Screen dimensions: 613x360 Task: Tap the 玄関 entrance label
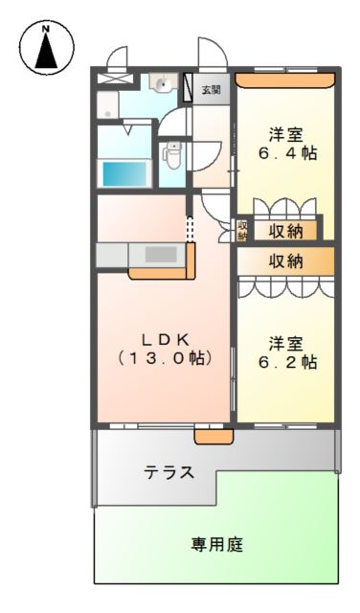point(211,90)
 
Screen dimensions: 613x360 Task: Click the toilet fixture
point(173,152)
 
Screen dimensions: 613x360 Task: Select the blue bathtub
point(124,174)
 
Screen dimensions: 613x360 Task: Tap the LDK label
point(164,338)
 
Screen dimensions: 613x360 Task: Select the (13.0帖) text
point(164,358)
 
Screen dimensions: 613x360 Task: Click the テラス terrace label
point(170,471)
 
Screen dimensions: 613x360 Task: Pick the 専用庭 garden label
point(216,544)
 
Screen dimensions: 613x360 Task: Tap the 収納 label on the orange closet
point(285,260)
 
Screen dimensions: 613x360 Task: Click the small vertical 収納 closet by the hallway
point(243,230)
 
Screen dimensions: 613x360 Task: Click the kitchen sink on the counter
point(154,255)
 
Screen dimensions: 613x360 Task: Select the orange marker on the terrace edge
point(214,437)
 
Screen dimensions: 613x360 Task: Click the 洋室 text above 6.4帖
point(284,133)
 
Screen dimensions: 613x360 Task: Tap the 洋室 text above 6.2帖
point(284,342)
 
